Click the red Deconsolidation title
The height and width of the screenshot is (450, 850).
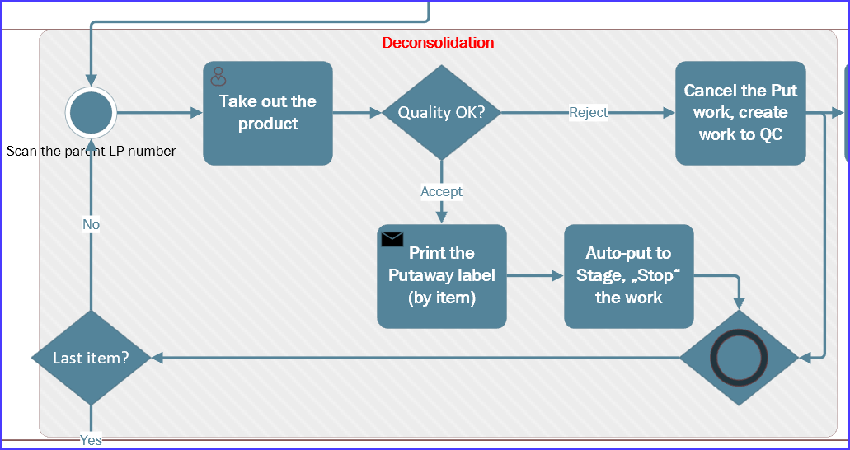point(438,43)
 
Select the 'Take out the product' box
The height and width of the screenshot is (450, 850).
point(268,113)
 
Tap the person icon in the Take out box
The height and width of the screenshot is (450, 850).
point(218,77)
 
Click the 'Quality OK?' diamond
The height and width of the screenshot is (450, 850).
point(441,112)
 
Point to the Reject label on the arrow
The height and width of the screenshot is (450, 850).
point(588,112)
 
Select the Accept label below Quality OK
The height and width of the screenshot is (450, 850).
point(441,191)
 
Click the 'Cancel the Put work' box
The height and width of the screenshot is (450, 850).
point(740,113)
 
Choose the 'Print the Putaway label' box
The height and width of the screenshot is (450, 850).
point(442,276)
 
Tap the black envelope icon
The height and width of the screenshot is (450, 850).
point(392,239)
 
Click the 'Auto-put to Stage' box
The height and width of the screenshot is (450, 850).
point(628,276)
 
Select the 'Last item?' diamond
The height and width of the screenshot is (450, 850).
point(91,358)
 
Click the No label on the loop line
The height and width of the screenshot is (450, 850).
point(91,224)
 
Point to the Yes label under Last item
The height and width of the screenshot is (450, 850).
point(91,440)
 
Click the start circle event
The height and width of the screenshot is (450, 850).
point(91,113)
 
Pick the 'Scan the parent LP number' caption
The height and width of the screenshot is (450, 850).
point(91,151)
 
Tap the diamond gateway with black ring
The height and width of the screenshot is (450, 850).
point(739,358)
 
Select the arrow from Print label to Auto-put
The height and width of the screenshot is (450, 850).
point(535,276)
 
